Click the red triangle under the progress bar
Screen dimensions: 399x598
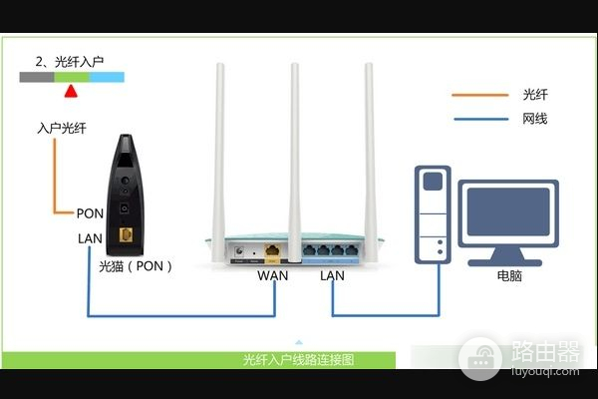click(70, 93)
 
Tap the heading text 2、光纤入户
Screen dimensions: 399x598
click(71, 62)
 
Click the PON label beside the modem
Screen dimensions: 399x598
click(90, 213)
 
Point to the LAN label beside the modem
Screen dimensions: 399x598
click(90, 238)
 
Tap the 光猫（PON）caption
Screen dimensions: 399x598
click(136, 266)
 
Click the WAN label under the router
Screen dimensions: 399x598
click(272, 275)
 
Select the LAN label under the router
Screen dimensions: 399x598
click(333, 275)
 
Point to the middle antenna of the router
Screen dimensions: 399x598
click(295, 150)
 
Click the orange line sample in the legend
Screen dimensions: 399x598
click(477, 96)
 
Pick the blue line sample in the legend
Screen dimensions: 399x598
click(477, 119)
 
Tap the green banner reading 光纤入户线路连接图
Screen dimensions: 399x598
click(299, 359)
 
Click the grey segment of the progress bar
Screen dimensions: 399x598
click(37, 77)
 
